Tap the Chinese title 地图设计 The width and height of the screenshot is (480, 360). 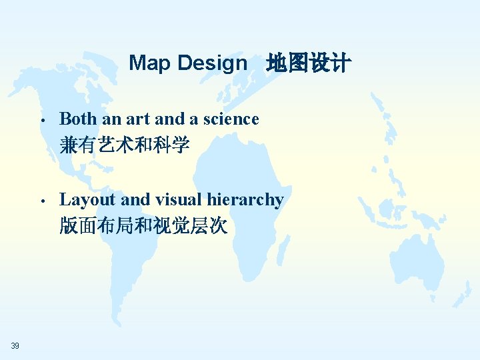click(x=307, y=64)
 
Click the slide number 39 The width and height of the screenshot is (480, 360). click(x=15, y=345)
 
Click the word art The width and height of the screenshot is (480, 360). click(x=138, y=119)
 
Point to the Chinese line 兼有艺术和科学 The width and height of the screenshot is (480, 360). click(x=125, y=145)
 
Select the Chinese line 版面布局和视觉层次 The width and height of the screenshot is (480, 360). click(x=143, y=227)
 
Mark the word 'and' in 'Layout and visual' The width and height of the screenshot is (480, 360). click(x=135, y=199)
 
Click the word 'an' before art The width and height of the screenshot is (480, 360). click(x=111, y=119)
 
